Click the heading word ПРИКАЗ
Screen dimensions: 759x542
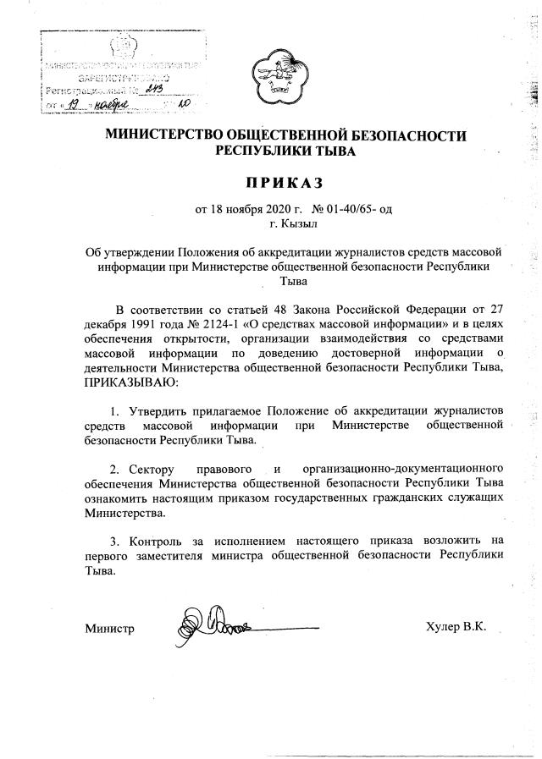[271, 182]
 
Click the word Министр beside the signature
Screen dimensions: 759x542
[110, 629]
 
